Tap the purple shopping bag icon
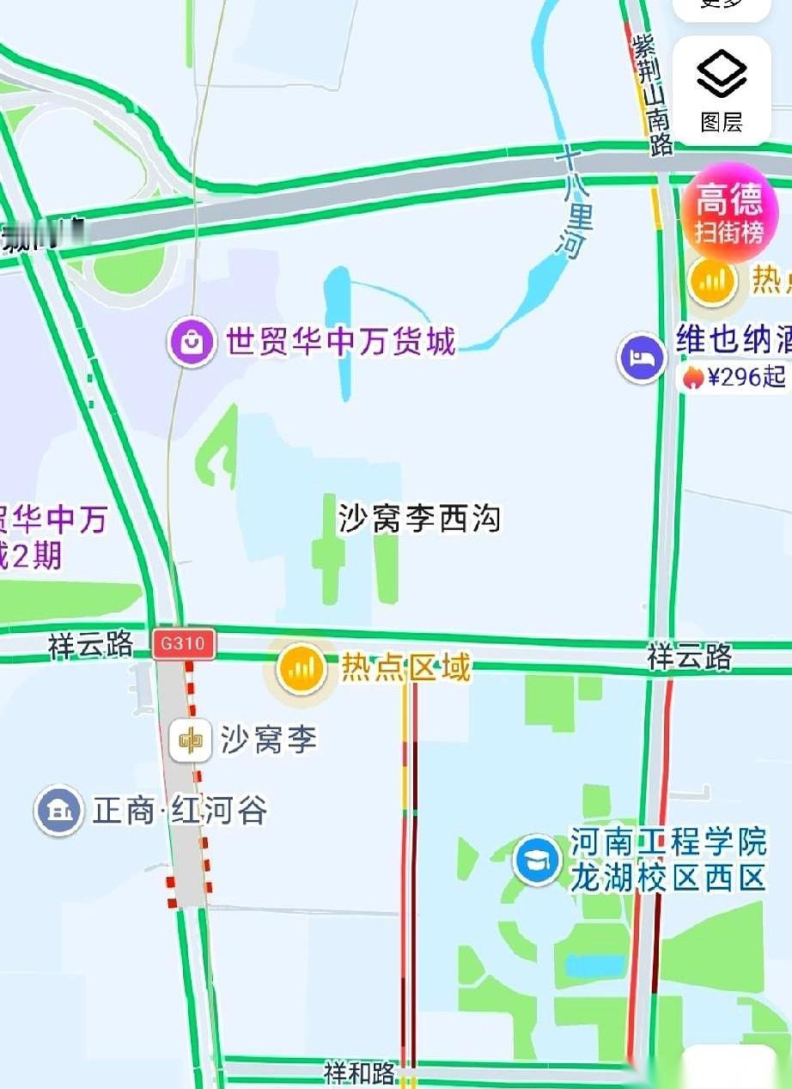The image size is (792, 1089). pyautogui.click(x=192, y=343)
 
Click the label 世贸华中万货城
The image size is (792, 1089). pyautogui.click(x=340, y=343)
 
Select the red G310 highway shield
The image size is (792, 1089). pyautogui.click(x=183, y=643)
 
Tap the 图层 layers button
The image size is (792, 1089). pyautogui.click(x=722, y=90)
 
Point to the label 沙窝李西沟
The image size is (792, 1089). pyautogui.click(x=419, y=519)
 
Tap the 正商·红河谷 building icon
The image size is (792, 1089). pyautogui.click(x=59, y=810)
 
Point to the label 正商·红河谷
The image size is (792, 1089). pyautogui.click(x=180, y=810)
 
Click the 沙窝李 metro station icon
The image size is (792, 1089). pyautogui.click(x=191, y=740)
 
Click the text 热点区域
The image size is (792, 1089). pyautogui.click(x=406, y=667)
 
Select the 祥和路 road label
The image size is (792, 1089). pyautogui.click(x=360, y=1073)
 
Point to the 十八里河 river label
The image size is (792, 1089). pyautogui.click(x=570, y=203)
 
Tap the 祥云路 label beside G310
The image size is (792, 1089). pyautogui.click(x=90, y=645)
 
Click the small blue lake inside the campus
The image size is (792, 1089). pyautogui.click(x=594, y=965)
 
